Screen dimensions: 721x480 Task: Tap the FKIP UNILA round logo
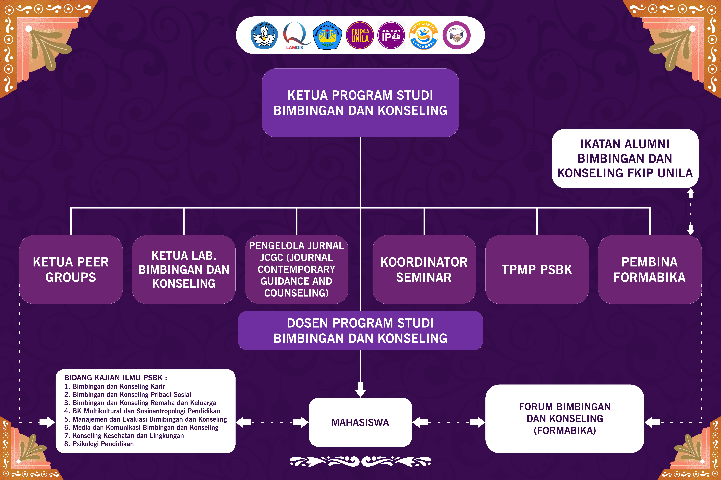tap(360, 35)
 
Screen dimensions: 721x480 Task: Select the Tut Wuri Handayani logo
tap(264, 35)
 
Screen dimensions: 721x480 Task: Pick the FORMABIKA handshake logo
tap(456, 35)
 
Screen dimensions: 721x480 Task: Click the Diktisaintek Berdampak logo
tap(424, 35)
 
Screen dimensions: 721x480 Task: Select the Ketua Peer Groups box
tap(71, 269)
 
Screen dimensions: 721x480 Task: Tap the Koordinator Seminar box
tap(424, 269)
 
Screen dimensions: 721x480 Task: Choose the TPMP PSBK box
tap(537, 269)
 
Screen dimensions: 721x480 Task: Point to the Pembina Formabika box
tap(650, 269)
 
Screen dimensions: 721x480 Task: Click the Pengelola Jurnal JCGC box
tap(296, 269)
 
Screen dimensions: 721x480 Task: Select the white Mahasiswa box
tap(360, 422)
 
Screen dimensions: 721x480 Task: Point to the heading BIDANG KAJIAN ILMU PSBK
tap(116, 378)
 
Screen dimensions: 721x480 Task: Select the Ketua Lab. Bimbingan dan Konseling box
tap(184, 269)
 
